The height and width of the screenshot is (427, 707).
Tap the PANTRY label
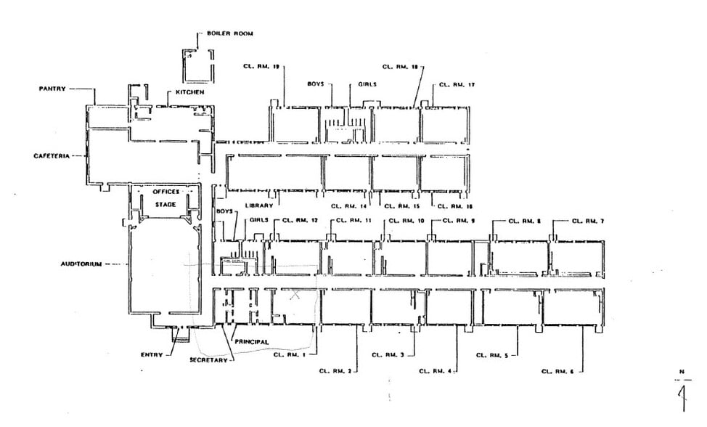[x=52, y=89]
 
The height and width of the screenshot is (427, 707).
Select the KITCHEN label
[x=189, y=93]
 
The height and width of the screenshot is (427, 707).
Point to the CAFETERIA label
[x=50, y=156]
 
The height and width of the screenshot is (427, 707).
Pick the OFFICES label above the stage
[x=165, y=192]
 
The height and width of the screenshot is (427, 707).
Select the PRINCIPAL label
[x=251, y=341]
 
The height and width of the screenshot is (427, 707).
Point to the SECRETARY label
[x=208, y=360]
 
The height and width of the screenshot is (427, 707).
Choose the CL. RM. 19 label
[x=261, y=66]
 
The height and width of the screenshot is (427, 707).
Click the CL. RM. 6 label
[x=557, y=372]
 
